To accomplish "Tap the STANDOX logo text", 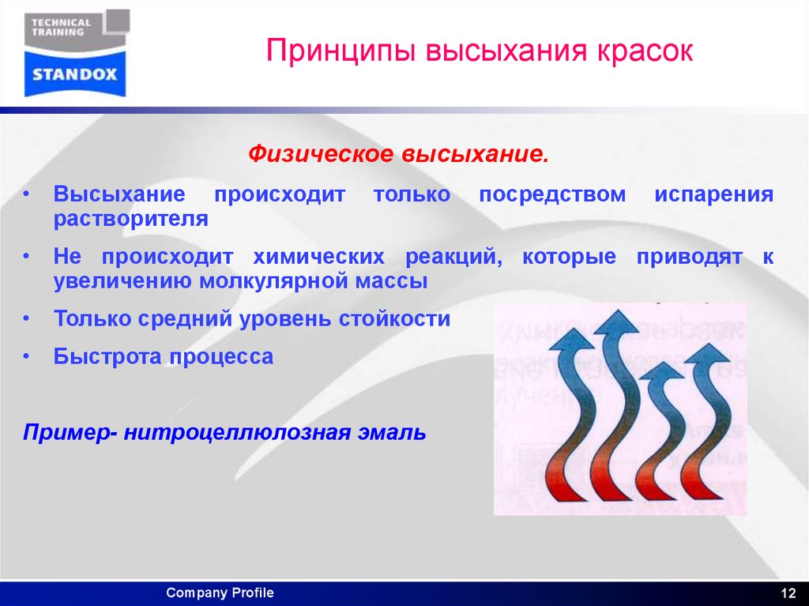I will [x=75, y=75].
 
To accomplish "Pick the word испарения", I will [x=713, y=195].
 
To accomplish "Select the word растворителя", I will [x=131, y=219].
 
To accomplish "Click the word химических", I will [x=318, y=258].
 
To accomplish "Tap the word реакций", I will [x=450, y=258].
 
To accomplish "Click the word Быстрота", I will [x=107, y=356].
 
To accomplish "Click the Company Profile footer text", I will [x=220, y=593].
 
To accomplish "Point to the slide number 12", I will [x=787, y=593].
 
